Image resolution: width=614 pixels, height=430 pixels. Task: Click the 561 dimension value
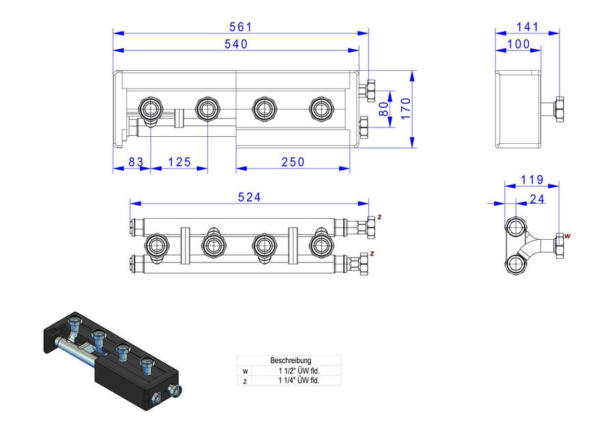point(241,27)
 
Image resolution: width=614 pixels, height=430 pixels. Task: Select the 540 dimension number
point(236,44)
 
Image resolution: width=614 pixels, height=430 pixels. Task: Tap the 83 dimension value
point(136,162)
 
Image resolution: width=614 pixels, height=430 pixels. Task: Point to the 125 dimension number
point(179,162)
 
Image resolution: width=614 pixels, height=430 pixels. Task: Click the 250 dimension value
point(293,162)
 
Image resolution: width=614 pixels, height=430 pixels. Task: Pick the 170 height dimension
point(406,109)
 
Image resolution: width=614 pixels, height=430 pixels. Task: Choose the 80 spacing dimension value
point(384,109)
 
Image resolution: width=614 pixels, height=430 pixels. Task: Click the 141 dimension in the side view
point(527,27)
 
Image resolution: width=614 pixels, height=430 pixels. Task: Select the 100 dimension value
point(518,44)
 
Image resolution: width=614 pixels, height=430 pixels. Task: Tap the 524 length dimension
point(250,197)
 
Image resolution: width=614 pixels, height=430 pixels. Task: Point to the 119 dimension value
point(532,180)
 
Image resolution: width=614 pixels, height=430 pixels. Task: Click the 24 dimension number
point(537,199)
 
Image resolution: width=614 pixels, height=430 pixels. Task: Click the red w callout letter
point(568,236)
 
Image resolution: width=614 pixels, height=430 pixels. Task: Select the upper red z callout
point(379,217)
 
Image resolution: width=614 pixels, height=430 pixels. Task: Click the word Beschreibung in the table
point(291,360)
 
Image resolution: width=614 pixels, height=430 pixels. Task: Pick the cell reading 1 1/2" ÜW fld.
point(299,371)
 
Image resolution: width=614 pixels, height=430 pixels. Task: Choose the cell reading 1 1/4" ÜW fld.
point(299,380)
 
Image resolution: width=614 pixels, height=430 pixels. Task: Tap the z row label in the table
point(245,381)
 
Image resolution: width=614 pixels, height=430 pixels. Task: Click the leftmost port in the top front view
point(150,108)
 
